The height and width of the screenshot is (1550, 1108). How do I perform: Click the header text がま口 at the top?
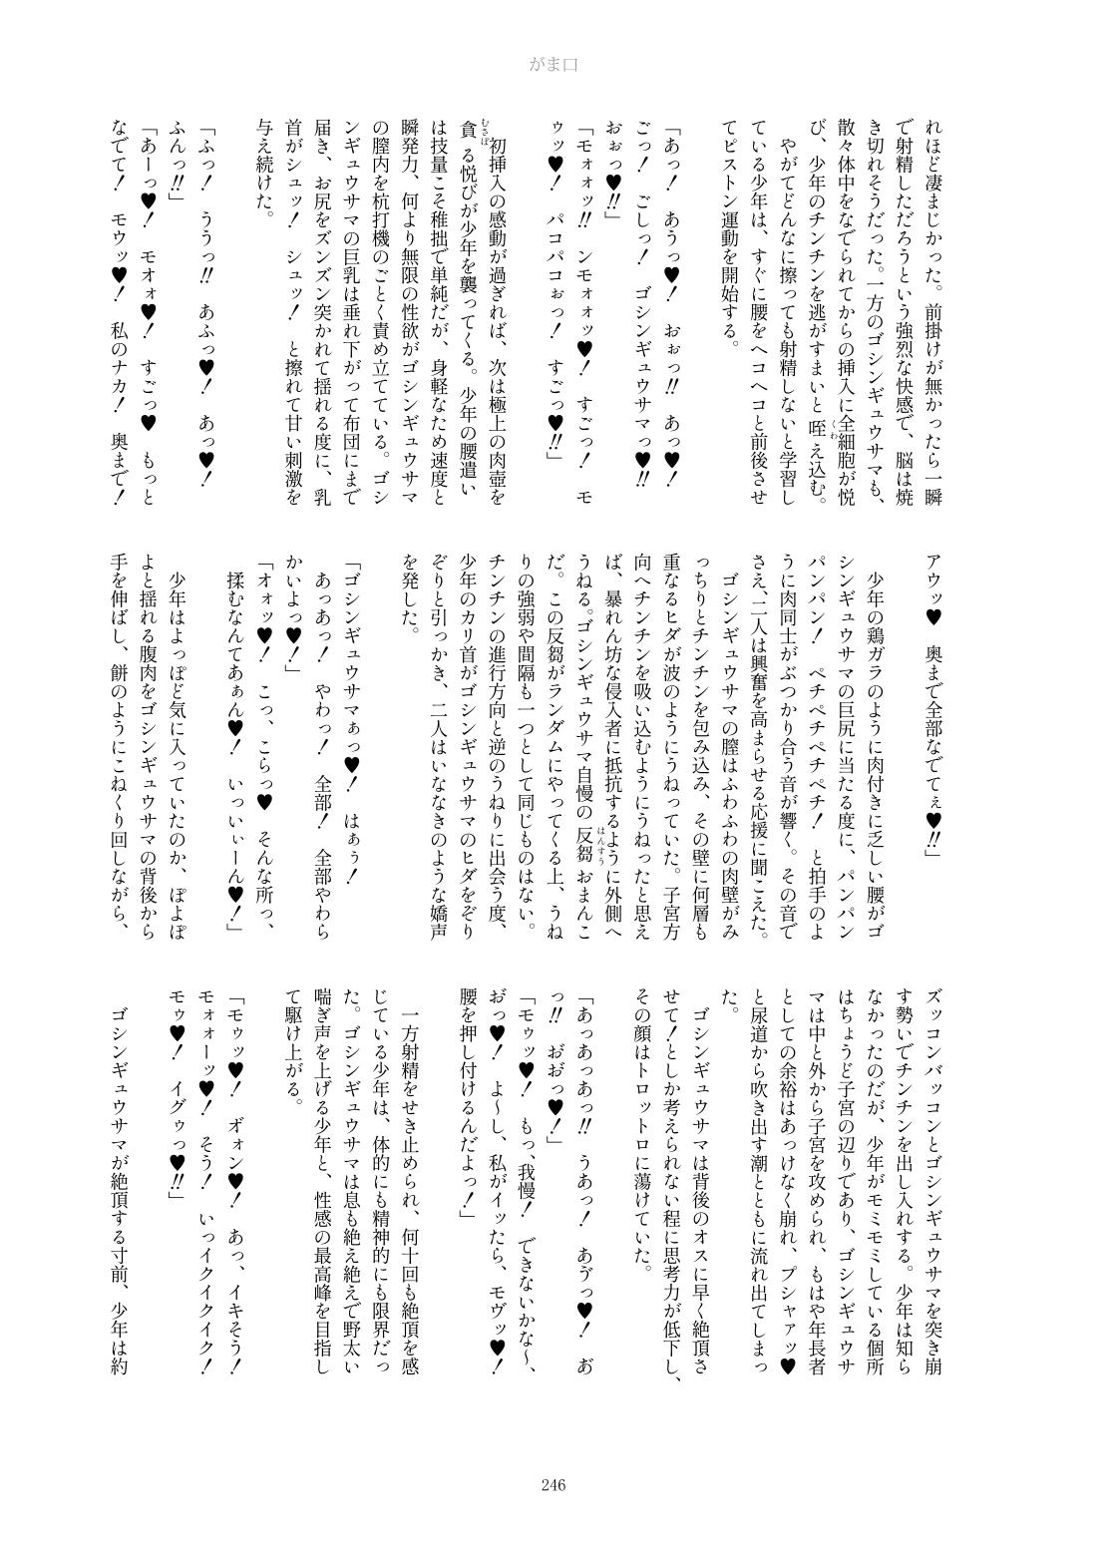(554, 65)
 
